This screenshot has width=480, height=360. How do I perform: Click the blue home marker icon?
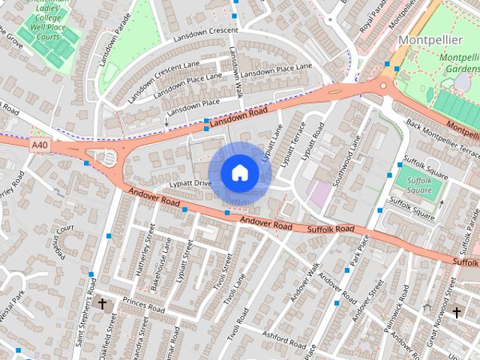click(x=240, y=173)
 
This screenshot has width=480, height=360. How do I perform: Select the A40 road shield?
click(x=40, y=142)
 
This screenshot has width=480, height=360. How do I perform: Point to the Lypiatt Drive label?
click(x=191, y=183)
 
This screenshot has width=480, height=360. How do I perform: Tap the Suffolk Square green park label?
click(x=413, y=184)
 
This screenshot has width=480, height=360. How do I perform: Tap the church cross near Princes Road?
click(x=102, y=304)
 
